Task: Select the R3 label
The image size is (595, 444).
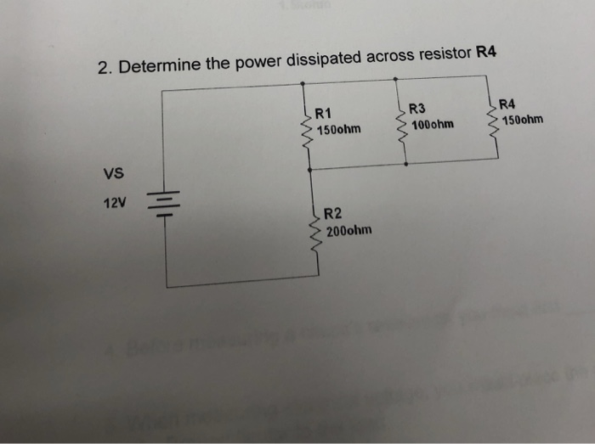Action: [416, 109]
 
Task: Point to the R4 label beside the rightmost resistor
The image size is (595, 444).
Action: [507, 104]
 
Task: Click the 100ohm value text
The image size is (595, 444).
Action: [431, 125]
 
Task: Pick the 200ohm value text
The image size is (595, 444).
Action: [348, 230]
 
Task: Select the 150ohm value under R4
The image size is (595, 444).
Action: [522, 120]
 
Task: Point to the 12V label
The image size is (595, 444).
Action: [113, 205]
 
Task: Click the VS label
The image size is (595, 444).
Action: [113, 174]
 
